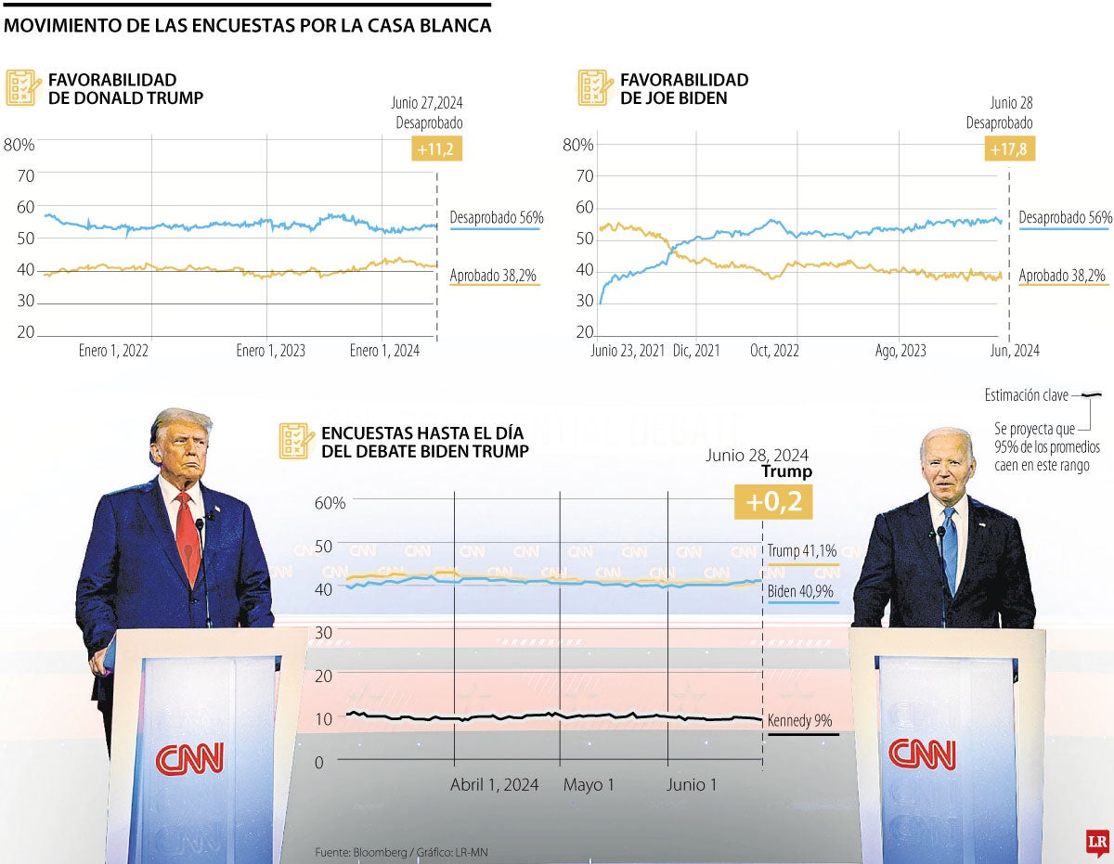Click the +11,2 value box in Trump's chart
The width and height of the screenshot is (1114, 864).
click(436, 148)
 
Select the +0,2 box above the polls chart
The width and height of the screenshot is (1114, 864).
click(772, 502)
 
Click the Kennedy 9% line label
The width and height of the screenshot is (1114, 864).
click(798, 720)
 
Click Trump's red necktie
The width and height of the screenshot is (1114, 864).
click(187, 537)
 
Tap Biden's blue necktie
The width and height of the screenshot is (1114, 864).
click(949, 548)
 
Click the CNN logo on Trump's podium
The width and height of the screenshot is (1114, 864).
click(189, 758)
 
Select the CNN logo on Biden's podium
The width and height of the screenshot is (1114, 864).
click(922, 754)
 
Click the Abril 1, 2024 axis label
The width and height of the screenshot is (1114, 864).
click(494, 785)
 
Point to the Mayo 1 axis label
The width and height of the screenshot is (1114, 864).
click(589, 785)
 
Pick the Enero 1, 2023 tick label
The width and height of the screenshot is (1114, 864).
click(270, 351)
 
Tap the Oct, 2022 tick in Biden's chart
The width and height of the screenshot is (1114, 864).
click(774, 351)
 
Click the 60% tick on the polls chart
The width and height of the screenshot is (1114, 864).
click(330, 502)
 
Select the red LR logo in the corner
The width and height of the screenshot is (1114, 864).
click(1098, 842)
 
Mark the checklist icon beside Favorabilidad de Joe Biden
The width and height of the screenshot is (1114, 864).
click(593, 87)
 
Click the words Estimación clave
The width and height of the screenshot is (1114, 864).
click(1026, 396)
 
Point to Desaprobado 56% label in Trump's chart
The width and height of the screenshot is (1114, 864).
click(496, 218)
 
